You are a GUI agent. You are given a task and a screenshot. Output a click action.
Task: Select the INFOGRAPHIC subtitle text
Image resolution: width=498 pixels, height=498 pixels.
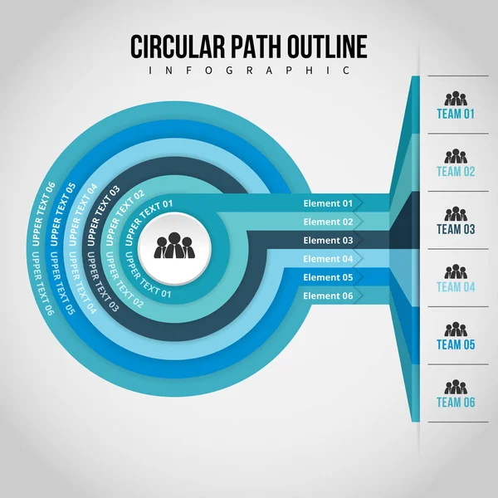(x=249, y=71)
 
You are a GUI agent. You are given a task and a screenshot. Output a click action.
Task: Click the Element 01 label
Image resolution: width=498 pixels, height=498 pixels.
(x=328, y=203)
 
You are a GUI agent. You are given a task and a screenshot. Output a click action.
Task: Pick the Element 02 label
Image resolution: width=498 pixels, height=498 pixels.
(x=328, y=222)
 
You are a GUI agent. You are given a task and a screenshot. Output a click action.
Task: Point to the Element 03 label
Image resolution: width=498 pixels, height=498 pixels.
(x=328, y=241)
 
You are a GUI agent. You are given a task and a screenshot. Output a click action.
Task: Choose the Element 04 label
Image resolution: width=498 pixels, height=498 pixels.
(x=328, y=259)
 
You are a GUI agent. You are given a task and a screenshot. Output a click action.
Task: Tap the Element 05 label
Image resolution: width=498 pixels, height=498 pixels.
(x=328, y=277)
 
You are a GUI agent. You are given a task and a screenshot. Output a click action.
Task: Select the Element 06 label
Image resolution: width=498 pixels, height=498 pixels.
(x=328, y=295)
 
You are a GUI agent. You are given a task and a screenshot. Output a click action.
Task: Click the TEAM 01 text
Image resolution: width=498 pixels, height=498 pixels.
(x=456, y=115)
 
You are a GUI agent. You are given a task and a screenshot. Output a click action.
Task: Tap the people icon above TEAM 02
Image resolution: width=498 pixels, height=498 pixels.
(x=456, y=156)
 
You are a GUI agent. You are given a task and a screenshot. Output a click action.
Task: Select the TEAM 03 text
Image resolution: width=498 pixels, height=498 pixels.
(x=456, y=229)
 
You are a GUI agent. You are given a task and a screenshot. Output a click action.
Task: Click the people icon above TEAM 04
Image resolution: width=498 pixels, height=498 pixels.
(x=456, y=271)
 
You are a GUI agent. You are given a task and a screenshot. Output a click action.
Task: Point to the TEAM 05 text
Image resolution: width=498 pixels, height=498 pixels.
(x=456, y=344)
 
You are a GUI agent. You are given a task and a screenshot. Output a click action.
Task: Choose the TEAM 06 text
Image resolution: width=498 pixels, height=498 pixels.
(x=456, y=403)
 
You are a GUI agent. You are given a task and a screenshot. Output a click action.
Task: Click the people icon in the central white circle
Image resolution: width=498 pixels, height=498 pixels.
(x=175, y=247)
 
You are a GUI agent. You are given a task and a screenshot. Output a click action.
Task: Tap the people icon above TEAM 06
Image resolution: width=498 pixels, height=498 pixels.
(x=456, y=387)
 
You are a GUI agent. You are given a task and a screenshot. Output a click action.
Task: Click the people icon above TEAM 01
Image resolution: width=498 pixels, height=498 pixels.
(x=456, y=99)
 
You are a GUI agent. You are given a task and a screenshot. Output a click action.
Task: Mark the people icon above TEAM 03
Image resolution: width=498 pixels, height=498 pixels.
(x=456, y=214)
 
